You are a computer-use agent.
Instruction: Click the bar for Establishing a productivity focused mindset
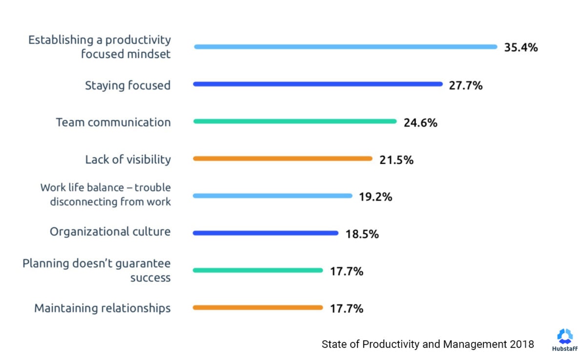[345, 47]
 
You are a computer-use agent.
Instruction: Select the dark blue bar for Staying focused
[317, 84]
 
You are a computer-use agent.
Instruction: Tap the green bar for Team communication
[295, 121]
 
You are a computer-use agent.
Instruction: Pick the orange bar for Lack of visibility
[283, 158]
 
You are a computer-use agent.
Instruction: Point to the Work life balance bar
[272, 196]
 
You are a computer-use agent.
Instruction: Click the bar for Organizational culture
[266, 233]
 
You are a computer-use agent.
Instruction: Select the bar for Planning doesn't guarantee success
[258, 270]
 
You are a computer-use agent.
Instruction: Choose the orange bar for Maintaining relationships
[258, 307]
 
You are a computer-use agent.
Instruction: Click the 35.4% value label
[521, 47]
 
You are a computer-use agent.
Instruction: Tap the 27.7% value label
[466, 85]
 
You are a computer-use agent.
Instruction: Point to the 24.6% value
[420, 123]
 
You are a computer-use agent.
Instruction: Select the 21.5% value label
[396, 160]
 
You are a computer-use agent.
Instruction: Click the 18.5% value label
[362, 234]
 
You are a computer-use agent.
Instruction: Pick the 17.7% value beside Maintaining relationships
[346, 309]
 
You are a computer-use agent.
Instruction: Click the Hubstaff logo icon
[565, 336]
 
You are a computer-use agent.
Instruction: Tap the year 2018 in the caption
[522, 344]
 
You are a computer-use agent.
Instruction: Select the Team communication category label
[113, 122]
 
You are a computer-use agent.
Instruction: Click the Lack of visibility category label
[128, 159]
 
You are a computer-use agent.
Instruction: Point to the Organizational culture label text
[110, 232]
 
